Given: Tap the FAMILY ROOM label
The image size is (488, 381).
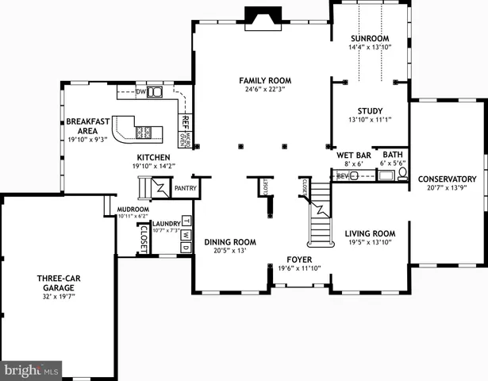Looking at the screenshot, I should pos(266,81).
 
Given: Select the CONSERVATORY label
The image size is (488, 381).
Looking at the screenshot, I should pos(447,179).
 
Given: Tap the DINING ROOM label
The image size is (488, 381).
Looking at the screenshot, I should pos(230,242).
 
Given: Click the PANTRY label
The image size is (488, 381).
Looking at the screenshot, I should pos(185,188).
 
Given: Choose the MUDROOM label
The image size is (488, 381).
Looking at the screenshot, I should pos(133,209).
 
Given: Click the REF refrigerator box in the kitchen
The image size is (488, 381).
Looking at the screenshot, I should pos(185,123).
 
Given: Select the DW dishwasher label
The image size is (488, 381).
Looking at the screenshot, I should pos(141,93).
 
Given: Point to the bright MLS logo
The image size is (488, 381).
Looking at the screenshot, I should pos(32,370).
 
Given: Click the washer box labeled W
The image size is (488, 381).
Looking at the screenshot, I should pos(186,235).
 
